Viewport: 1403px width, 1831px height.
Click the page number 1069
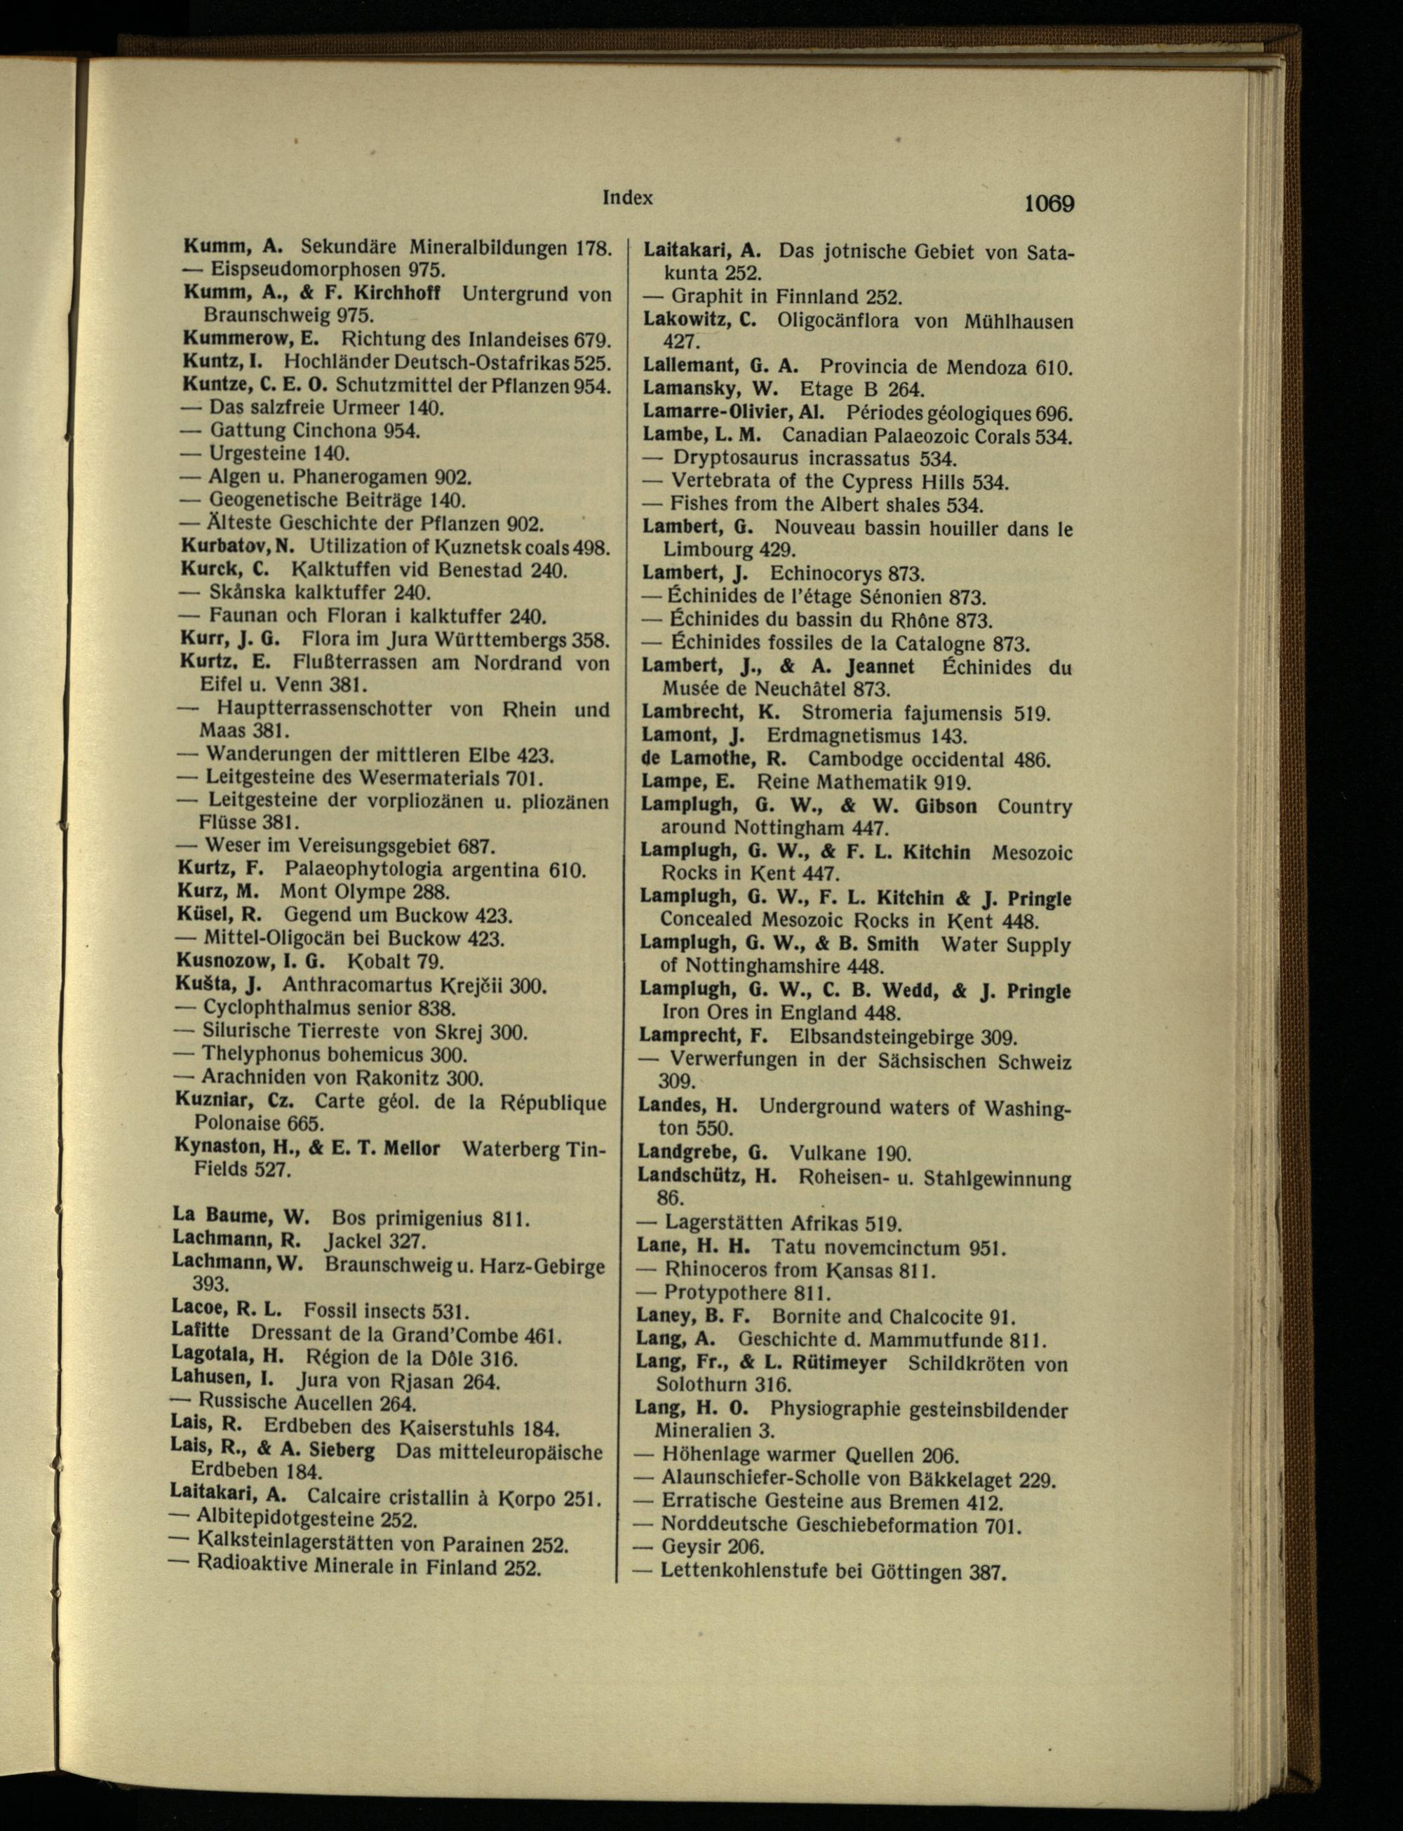[x=1048, y=203]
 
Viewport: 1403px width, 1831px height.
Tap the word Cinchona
[x=335, y=431]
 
